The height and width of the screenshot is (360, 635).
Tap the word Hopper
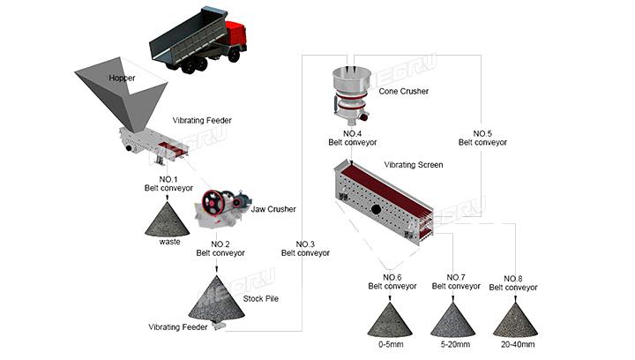122,79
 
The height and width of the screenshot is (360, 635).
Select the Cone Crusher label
406,90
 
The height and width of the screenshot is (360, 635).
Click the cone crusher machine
354,93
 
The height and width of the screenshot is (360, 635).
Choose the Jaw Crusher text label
273,209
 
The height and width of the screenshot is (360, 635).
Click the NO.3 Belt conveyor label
305,248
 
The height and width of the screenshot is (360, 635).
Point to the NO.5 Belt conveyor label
482,138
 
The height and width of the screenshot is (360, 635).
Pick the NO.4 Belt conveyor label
353,138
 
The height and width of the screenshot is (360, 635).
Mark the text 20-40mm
516,344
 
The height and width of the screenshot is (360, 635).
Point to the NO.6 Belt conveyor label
392,281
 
